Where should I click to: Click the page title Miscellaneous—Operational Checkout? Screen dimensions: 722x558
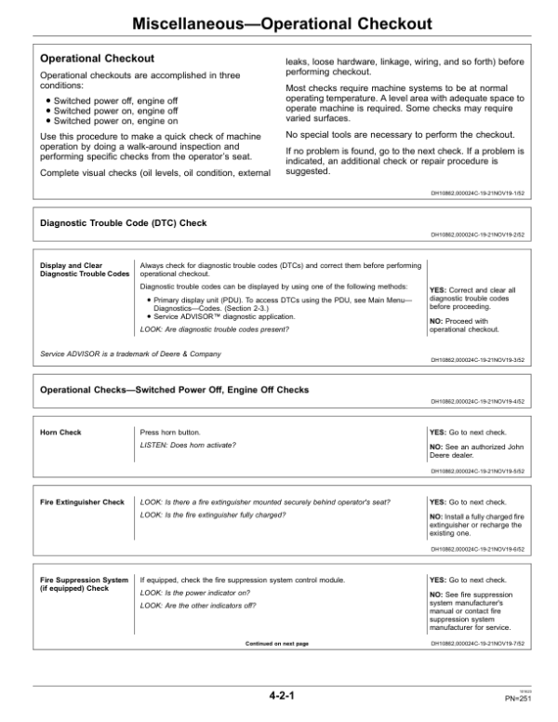pos(279,22)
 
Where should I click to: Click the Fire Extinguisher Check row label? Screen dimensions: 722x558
pos(82,502)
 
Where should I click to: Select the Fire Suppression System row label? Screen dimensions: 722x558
pos(84,584)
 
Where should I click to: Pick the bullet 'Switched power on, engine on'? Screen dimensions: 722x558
pos(102,121)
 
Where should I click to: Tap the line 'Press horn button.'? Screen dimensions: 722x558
pos(169,433)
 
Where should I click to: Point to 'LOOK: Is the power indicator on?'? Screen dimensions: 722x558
pos(197,593)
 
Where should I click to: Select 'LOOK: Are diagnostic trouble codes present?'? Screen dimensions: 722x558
pos(216,329)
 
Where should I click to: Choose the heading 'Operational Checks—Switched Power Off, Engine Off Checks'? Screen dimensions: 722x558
pos(174,389)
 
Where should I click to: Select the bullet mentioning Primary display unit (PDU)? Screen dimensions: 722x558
pos(265,304)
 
